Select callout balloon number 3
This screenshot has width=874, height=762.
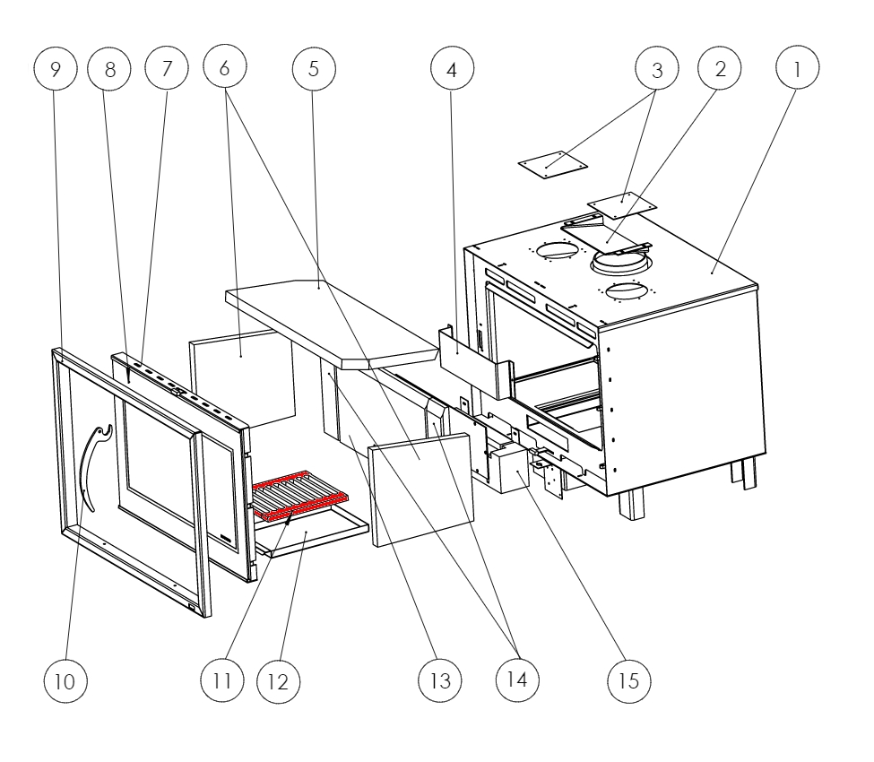(x=657, y=68)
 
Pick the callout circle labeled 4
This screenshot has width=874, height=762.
(x=452, y=68)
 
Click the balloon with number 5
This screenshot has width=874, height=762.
(x=314, y=68)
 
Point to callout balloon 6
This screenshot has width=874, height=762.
(x=225, y=68)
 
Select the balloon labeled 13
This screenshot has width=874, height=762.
(x=440, y=680)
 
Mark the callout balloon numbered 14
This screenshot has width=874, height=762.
(x=518, y=680)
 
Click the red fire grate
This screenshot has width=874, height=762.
(x=299, y=498)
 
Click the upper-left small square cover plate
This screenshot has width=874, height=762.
(x=553, y=164)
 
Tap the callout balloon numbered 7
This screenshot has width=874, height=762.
(x=168, y=68)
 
